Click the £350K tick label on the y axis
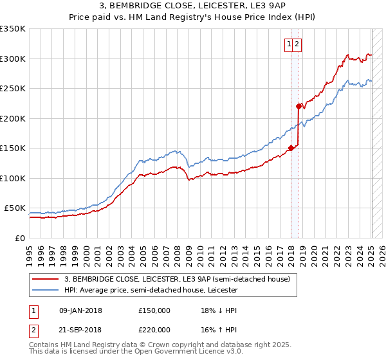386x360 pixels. point(13,29)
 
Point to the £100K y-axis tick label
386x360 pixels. point(13,178)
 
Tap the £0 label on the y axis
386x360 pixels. point(20,238)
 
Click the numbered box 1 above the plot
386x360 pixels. point(290,44)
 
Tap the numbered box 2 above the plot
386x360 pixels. point(299,44)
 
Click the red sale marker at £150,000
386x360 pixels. point(291,148)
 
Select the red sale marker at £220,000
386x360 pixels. point(299,107)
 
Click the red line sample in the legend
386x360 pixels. point(46,279)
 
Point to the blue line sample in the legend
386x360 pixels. point(46,290)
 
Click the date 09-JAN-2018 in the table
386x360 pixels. point(80,310)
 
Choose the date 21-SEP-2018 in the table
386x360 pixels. point(80,329)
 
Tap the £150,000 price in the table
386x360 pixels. point(154,310)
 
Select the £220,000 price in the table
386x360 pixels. point(154,329)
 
